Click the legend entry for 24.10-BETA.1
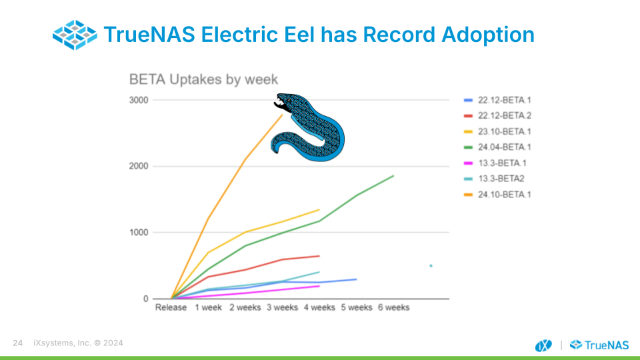click(497, 195)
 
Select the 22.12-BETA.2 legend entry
click(497, 116)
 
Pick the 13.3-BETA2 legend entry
click(494, 179)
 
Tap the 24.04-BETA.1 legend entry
click(497, 147)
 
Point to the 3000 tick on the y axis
click(139, 101)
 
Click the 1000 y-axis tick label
click(139, 233)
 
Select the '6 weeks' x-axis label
click(393, 307)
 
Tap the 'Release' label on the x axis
click(171, 307)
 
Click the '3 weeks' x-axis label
click(283, 307)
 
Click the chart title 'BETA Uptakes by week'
click(203, 79)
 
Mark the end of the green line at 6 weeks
click(393, 176)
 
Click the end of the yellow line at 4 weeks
click(319, 210)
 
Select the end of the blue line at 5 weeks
click(356, 279)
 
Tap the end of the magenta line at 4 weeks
click(319, 286)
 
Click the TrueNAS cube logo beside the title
click(75, 35)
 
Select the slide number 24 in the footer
click(17, 343)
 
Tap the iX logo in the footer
click(543, 345)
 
